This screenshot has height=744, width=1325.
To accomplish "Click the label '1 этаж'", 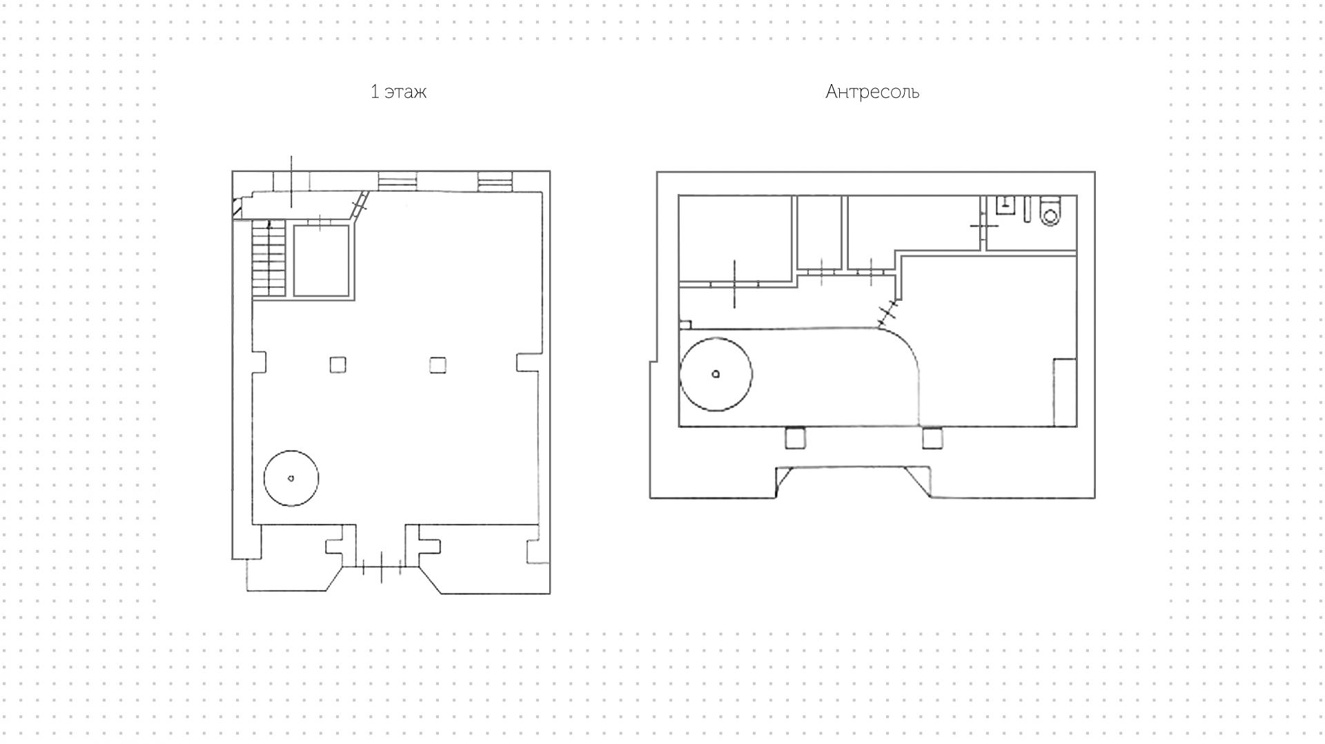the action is (398, 92).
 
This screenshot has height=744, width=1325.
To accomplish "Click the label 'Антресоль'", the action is (872, 92).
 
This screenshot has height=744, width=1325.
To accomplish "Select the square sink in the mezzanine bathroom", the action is (1005, 205).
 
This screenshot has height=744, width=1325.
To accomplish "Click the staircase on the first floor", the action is (269, 259).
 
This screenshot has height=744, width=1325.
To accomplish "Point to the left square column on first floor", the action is (337, 364).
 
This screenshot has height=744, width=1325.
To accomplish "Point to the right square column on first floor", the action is (438, 364).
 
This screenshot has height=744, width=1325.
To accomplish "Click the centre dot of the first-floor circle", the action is (291, 478).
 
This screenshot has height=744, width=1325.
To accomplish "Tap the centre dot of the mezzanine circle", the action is (716, 374).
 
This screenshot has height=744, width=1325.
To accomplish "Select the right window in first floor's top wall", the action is (495, 181).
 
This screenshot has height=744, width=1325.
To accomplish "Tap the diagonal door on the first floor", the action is (359, 206).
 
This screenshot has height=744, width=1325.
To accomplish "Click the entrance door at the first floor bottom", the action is (381, 567).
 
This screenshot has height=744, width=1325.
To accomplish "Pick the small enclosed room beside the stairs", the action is (322, 261).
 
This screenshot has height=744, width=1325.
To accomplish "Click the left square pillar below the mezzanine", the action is (796, 438).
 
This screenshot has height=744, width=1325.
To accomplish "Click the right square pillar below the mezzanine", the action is (932, 438).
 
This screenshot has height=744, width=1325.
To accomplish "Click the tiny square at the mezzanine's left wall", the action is (685, 324).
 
